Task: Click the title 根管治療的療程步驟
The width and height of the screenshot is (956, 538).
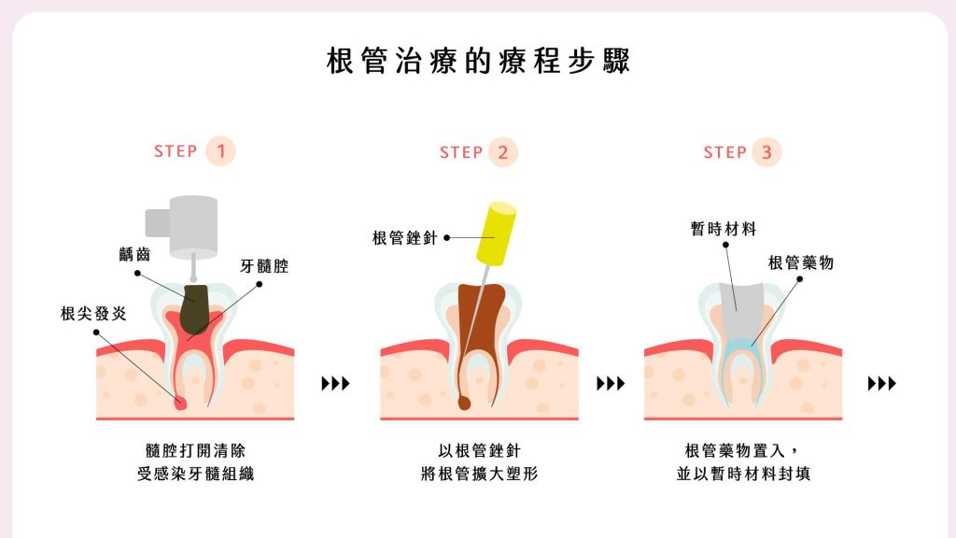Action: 478,62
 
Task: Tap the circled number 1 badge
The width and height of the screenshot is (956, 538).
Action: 220,151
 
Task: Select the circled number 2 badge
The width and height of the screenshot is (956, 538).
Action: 502,152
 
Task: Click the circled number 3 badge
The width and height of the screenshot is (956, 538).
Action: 766,152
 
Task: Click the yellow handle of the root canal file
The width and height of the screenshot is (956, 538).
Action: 496,234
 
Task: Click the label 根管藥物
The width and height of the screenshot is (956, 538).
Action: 801,263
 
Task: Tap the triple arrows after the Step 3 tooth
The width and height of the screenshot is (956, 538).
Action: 881,383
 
